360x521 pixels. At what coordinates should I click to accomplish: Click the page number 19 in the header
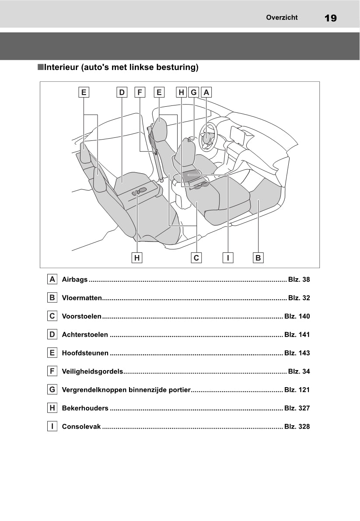tap(330, 18)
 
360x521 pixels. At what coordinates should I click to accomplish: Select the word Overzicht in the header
tap(282, 17)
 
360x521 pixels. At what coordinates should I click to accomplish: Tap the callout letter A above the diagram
tap(206, 92)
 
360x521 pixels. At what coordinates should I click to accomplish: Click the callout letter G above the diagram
tap(194, 92)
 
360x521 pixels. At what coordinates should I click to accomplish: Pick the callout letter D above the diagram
tap(122, 92)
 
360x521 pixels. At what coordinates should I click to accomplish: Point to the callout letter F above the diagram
tap(140, 92)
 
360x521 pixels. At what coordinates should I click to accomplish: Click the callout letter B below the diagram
tap(258, 258)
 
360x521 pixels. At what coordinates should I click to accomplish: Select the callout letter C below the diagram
tap(196, 258)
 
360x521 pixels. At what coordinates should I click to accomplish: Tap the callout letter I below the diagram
tap(227, 258)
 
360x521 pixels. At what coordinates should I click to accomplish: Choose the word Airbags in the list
tap(75, 280)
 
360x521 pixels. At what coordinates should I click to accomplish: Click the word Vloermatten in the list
tap(82, 298)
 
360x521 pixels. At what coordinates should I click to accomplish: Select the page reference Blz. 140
tap(297, 316)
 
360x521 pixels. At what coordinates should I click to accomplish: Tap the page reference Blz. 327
tap(297, 408)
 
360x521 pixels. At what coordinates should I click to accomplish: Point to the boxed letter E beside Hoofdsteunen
tap(52, 353)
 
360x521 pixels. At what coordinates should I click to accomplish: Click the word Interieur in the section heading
tap(62, 67)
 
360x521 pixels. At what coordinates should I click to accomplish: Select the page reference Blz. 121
tap(297, 390)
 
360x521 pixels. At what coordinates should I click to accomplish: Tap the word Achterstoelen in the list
tap(85, 335)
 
